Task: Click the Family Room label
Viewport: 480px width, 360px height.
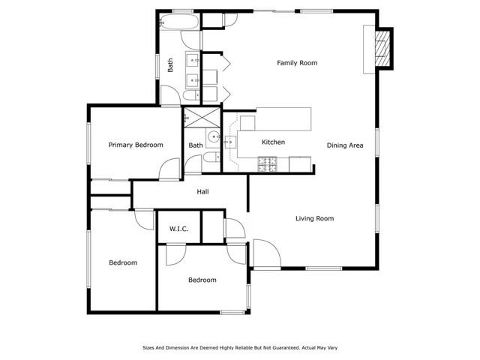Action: point(297,63)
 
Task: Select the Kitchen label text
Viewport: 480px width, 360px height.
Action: point(272,142)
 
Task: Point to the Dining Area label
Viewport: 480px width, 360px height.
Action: point(345,145)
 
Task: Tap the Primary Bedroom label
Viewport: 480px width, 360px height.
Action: point(136,145)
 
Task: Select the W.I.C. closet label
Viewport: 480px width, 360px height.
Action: point(178,229)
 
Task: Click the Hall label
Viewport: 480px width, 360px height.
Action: point(202,192)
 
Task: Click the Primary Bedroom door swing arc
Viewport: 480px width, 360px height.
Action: point(170,169)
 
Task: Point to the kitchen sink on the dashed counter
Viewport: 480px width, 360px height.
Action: point(229,142)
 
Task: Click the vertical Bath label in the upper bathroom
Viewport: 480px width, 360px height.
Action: point(171,65)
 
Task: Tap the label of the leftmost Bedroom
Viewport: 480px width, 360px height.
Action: point(123,262)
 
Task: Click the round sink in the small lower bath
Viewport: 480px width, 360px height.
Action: point(214,136)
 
